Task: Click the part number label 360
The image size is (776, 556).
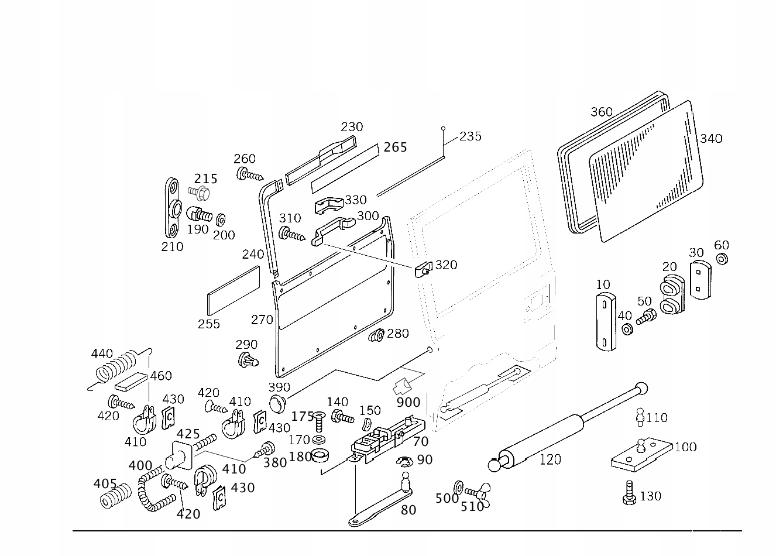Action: [x=601, y=112]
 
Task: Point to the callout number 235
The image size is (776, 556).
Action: [x=471, y=136]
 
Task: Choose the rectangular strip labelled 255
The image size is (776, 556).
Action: [x=234, y=291]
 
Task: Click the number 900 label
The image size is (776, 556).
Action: [x=408, y=403]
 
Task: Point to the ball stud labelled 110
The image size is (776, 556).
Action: [x=640, y=417]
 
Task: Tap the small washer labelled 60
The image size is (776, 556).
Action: [x=722, y=259]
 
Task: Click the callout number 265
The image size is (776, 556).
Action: [x=395, y=147]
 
